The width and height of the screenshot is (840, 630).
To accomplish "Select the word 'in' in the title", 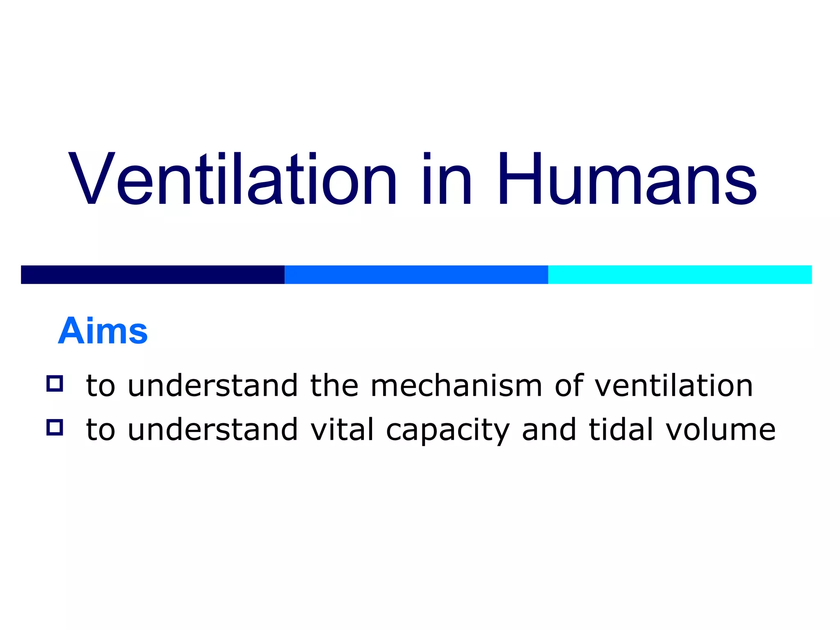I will pyautogui.click(x=447, y=178).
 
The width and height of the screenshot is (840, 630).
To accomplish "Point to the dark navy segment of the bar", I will pyautogui.click(x=153, y=274).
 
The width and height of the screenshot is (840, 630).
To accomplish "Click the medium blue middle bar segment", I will pyautogui.click(x=416, y=274).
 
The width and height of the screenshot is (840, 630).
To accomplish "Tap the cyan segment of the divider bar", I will pyautogui.click(x=680, y=274).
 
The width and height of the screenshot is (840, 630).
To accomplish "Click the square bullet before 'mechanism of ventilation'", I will pyautogui.click(x=55, y=383).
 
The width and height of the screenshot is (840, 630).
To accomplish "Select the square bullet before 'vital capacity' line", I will pyautogui.click(x=55, y=427).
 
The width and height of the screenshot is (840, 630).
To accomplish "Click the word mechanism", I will pyautogui.click(x=456, y=386).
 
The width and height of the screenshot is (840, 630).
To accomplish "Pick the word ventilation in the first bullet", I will pyautogui.click(x=673, y=386).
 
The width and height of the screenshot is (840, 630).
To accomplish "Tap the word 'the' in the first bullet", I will pyautogui.click(x=334, y=386).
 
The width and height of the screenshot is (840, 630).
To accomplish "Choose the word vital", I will pyautogui.click(x=342, y=429).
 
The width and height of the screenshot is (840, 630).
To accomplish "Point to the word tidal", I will pyautogui.click(x=620, y=429).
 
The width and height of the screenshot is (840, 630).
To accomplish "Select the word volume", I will pyautogui.click(x=720, y=429).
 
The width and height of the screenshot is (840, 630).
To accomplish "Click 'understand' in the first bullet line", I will pyautogui.click(x=212, y=386).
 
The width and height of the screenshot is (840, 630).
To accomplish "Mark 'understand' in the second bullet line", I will pyautogui.click(x=212, y=429).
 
